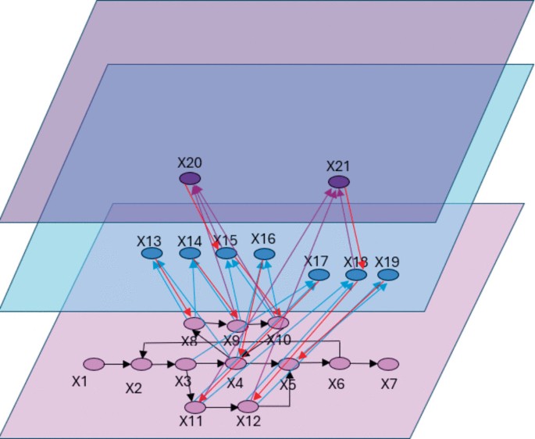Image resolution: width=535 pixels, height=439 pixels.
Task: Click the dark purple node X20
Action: [190, 179]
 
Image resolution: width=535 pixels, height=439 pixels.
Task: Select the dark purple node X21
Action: [339, 182]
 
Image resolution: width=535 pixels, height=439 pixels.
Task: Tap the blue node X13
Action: [152, 254]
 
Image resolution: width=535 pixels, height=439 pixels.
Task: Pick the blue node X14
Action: [190, 254]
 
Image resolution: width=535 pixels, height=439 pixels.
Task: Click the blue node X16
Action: [265, 254]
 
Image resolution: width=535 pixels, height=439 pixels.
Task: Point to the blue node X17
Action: [319, 275]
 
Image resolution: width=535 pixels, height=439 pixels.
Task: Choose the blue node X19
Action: [388, 275]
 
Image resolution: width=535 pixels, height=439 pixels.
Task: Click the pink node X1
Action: [94, 364]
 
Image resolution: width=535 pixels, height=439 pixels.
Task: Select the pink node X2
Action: [141, 364]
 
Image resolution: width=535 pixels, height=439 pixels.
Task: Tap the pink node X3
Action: [186, 364]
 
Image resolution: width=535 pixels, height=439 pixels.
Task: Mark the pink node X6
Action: [340, 363]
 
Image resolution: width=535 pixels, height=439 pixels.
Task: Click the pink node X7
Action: [388, 364]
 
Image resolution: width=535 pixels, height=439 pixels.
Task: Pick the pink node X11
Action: [195, 407]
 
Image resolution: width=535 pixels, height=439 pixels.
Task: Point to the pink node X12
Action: [248, 406]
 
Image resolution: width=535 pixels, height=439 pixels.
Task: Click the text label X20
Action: [190, 162]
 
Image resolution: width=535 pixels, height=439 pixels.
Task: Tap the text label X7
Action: [389, 385]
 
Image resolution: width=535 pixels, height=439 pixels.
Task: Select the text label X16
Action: [263, 239]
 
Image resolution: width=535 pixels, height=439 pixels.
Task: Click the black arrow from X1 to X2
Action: [118, 364]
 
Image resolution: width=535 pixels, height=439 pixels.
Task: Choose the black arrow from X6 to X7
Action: [364, 364]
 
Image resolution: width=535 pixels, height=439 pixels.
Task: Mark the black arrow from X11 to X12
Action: [222, 407]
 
